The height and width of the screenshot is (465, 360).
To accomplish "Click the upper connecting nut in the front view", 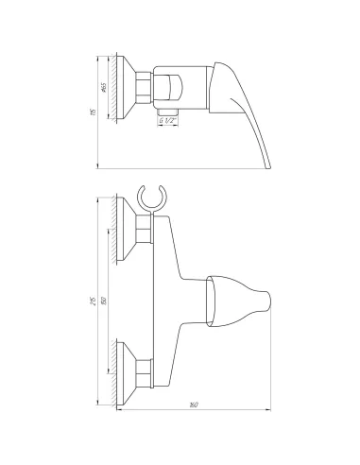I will (145, 229).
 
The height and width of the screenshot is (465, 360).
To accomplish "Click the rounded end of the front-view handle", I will (267, 301).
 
